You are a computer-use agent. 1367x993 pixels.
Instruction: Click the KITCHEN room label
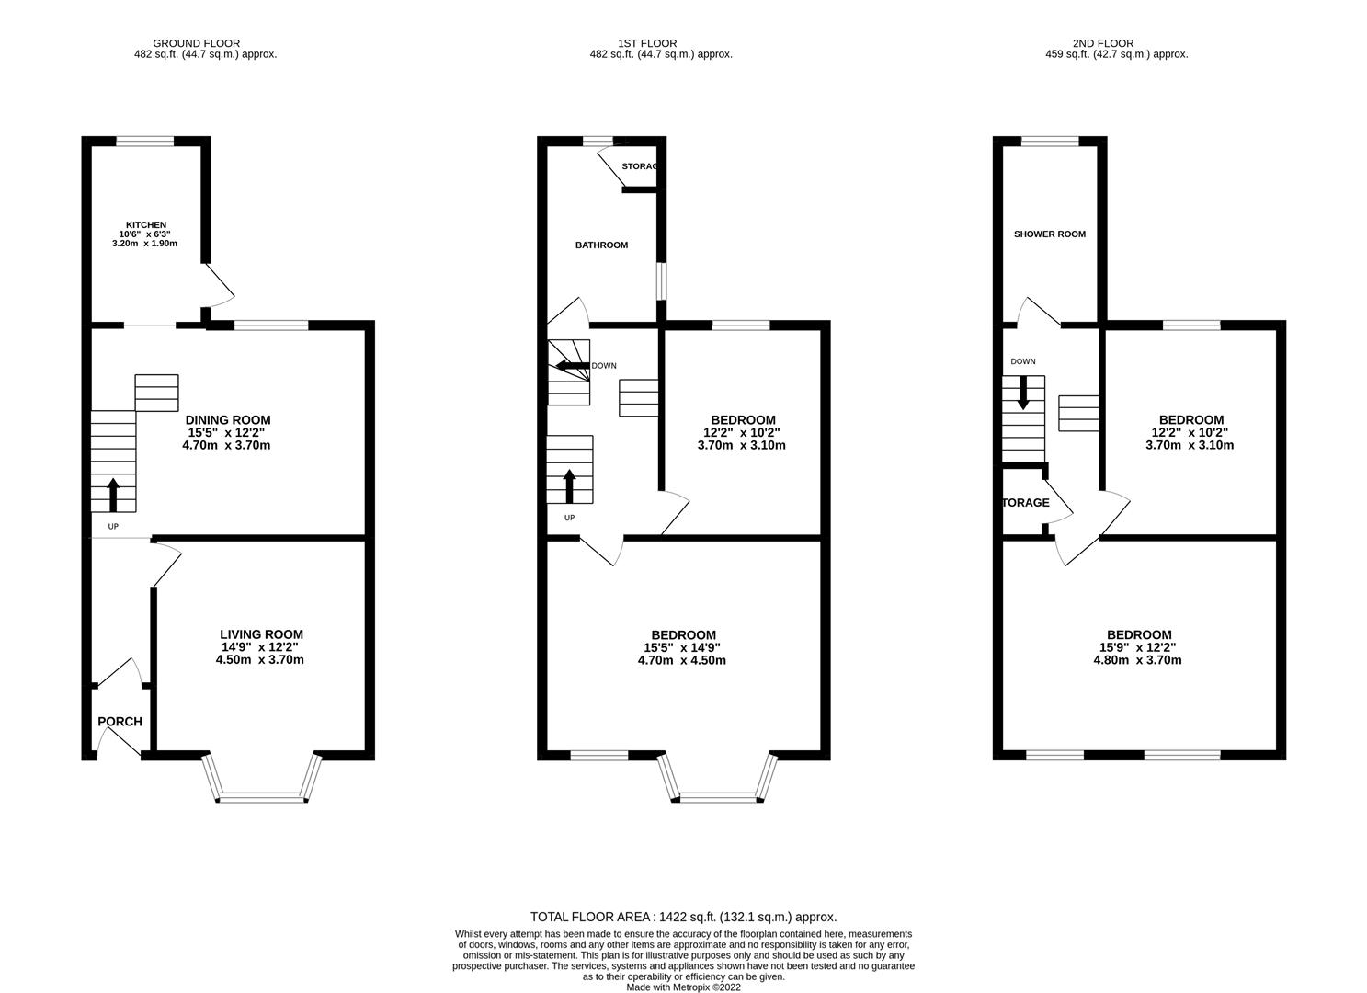146,224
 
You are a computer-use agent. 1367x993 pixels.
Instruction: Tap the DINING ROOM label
228,420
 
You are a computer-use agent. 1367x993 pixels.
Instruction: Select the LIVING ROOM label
261,634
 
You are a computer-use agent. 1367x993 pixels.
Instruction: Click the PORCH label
120,722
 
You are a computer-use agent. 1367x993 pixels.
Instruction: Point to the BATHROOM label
601,245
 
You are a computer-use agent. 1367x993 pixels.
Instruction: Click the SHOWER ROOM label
1049,234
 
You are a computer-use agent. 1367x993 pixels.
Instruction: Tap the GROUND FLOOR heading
196,43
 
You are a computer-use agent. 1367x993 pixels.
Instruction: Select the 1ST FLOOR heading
647,43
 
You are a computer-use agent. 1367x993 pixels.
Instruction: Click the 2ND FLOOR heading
1102,43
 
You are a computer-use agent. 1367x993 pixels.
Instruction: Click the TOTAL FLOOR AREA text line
683,917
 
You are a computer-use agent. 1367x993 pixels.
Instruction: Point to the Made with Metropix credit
683,987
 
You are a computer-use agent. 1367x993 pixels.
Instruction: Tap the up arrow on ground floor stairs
113,494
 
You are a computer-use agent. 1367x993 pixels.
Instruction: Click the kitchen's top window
144,142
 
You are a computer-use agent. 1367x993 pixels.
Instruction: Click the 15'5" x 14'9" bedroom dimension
682,647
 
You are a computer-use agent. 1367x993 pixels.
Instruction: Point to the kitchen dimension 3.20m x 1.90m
143,244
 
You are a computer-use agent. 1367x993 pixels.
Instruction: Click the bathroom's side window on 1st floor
660,281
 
